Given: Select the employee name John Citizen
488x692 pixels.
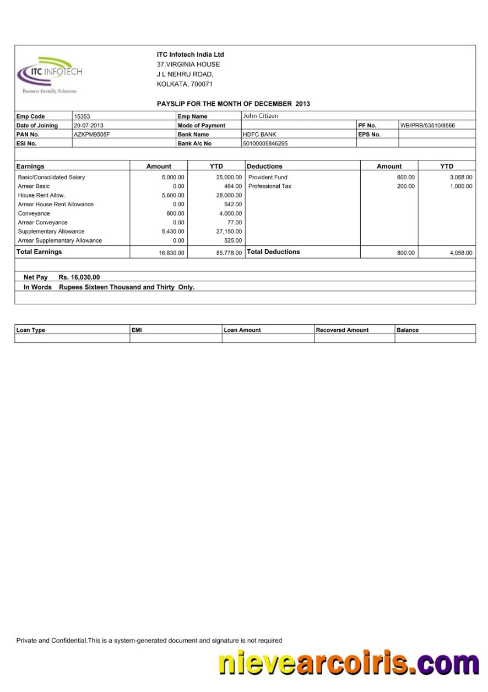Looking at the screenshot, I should tap(261, 116).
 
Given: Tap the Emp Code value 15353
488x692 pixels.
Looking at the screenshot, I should tap(82, 116).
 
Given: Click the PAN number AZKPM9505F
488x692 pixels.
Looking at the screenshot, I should tap(92, 135).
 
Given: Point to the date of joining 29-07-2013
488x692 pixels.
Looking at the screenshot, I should tap(89, 126).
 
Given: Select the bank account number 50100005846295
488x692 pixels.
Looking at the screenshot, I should tap(265, 143).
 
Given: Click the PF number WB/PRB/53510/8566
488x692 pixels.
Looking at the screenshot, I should tap(427, 126).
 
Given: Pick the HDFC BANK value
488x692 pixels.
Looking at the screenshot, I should tap(259, 135).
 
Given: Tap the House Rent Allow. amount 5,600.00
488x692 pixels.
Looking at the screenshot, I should tap(172, 195).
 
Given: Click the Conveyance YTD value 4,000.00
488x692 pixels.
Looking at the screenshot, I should tap(230, 213).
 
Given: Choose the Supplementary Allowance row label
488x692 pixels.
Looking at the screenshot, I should tap(51, 232).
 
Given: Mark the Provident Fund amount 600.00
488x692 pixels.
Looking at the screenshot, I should tap(406, 178).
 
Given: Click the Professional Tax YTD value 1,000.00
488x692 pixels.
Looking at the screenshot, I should tap(460, 186).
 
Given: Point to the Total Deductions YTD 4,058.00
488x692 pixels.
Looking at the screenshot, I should tap(460, 253).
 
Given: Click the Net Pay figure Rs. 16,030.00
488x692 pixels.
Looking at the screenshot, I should tap(79, 277).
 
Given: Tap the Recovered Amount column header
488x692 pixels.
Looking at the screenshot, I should tap(342, 330).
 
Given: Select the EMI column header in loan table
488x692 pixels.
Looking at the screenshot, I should tap(137, 330).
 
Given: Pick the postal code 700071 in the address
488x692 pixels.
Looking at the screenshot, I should tap(201, 84).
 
